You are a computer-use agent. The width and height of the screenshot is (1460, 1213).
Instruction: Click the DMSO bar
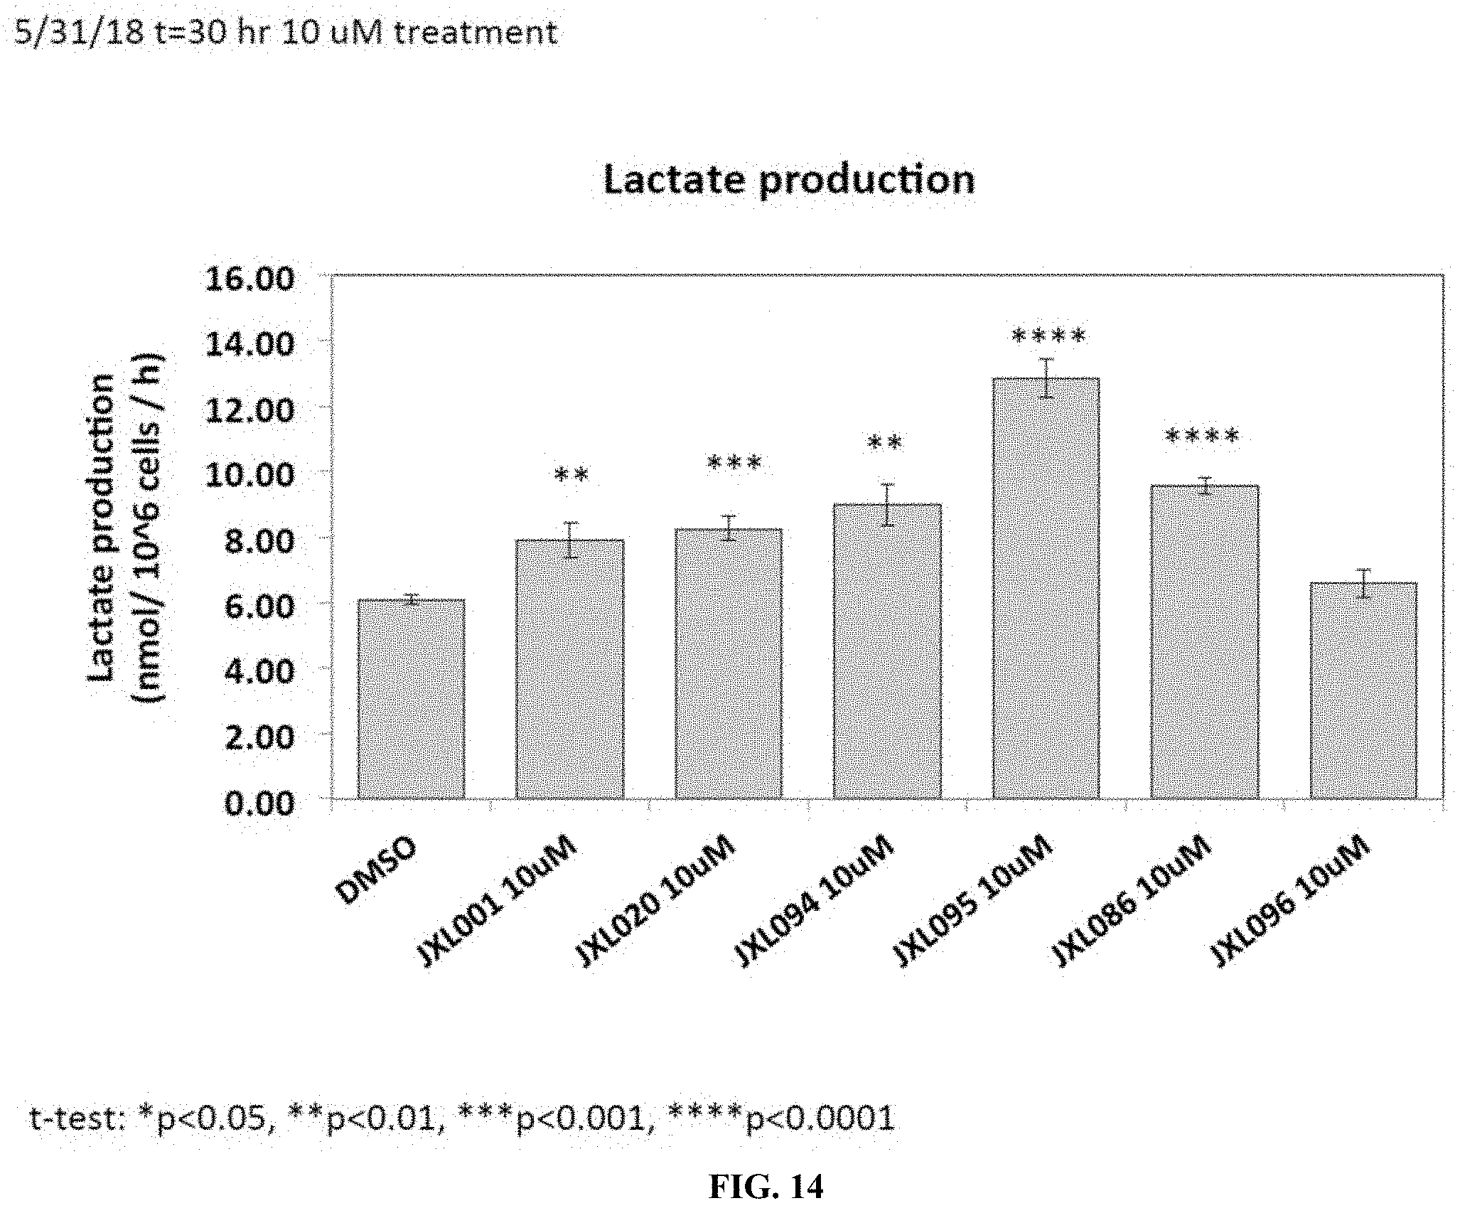[412, 699]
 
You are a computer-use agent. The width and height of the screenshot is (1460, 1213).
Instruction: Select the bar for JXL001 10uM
[570, 669]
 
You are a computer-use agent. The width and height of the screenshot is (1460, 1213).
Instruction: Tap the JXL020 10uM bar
[729, 663]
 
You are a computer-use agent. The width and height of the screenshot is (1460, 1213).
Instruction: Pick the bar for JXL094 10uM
[887, 651]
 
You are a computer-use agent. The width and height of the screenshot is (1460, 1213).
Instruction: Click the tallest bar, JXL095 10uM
[1046, 588]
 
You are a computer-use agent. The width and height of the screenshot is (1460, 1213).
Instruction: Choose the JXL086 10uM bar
[1205, 642]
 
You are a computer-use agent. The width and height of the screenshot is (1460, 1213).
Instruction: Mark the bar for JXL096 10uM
[1363, 690]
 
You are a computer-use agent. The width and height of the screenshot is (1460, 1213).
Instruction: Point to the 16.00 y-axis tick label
[249, 278]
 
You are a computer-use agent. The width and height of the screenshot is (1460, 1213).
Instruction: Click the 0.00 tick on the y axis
[259, 803]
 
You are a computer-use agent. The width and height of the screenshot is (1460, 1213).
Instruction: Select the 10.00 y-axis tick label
[249, 475]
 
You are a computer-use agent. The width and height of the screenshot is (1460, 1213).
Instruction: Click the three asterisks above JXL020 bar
[735, 464]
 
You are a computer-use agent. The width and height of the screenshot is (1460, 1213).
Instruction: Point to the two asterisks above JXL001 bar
[571, 474]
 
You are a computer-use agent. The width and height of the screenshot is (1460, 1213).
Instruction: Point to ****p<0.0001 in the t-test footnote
[782, 1118]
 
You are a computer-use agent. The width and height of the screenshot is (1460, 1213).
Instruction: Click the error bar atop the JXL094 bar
[888, 505]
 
